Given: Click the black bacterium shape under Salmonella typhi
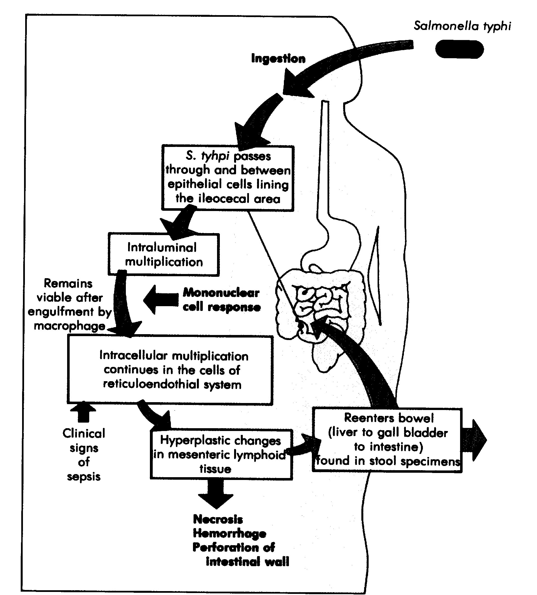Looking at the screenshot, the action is pyautogui.click(x=459, y=49).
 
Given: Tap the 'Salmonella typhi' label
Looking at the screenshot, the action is pyautogui.click(x=462, y=26).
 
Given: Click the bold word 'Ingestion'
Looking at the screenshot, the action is pyautogui.click(x=278, y=58).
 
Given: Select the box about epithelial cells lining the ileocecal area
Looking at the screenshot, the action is pyautogui.click(x=228, y=178).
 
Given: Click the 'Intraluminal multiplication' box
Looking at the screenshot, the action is pyautogui.click(x=164, y=254).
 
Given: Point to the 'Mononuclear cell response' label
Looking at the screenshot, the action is pyautogui.click(x=222, y=299).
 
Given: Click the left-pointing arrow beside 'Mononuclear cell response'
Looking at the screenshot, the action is pyautogui.click(x=161, y=299).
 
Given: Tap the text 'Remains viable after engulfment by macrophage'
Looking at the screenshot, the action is pyautogui.click(x=70, y=304).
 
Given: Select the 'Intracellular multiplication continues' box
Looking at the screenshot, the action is pyautogui.click(x=170, y=370).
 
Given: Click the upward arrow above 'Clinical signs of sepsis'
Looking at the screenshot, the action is pyautogui.click(x=83, y=412).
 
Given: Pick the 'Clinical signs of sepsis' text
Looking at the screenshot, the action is pyautogui.click(x=84, y=455).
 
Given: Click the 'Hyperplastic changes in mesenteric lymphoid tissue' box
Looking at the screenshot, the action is pyautogui.click(x=221, y=454).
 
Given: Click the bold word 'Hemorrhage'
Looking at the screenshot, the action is pyautogui.click(x=229, y=533).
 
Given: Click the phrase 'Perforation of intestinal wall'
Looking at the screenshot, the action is pyautogui.click(x=241, y=555).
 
